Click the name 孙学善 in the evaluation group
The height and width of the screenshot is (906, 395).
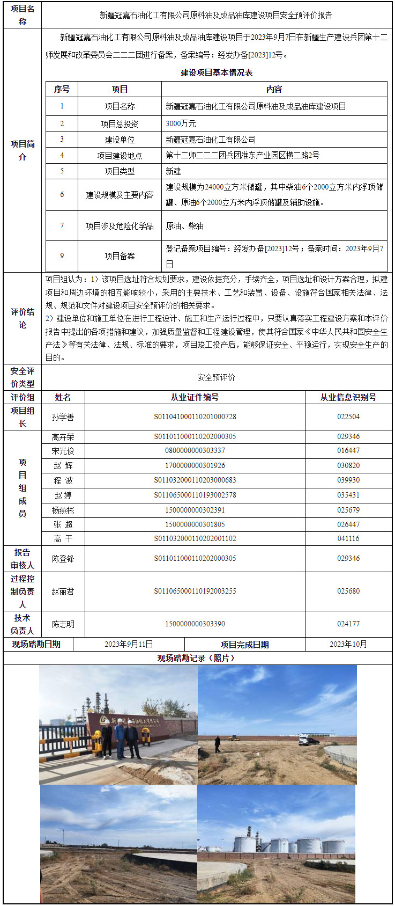coord(63,417)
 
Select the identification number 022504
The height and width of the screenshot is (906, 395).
coord(348,417)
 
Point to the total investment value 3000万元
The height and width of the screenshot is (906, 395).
coord(181,123)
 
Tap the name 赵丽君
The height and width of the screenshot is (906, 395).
coord(63,591)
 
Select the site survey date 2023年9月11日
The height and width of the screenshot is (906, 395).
coord(129,644)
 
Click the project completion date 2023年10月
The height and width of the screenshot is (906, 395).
coord(348,644)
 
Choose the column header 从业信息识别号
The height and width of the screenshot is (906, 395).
coord(348,397)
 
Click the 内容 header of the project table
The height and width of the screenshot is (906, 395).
coord(274,89)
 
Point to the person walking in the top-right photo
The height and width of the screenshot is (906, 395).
coord(217,744)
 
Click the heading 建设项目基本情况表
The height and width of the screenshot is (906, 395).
coord(217,72)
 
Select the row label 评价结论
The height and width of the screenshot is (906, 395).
coord(23,318)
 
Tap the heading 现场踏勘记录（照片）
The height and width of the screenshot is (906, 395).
coord(197,658)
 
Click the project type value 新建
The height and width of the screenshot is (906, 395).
coord(174,171)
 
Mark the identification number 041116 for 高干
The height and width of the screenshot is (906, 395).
coord(348,538)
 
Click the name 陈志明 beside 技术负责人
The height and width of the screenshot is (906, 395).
coord(63,624)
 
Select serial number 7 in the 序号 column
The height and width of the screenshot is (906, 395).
coord(62,226)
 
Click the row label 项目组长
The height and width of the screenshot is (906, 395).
coord(23,417)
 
